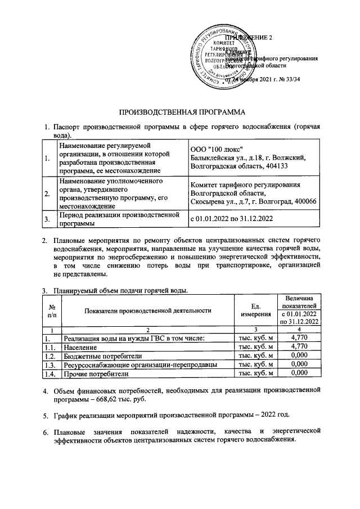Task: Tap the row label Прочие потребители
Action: [x=96, y=373]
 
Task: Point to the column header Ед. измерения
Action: [x=256, y=310]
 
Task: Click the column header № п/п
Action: [x=52, y=311]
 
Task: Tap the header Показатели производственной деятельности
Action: [x=148, y=310]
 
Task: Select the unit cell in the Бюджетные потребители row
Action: [x=256, y=356]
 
